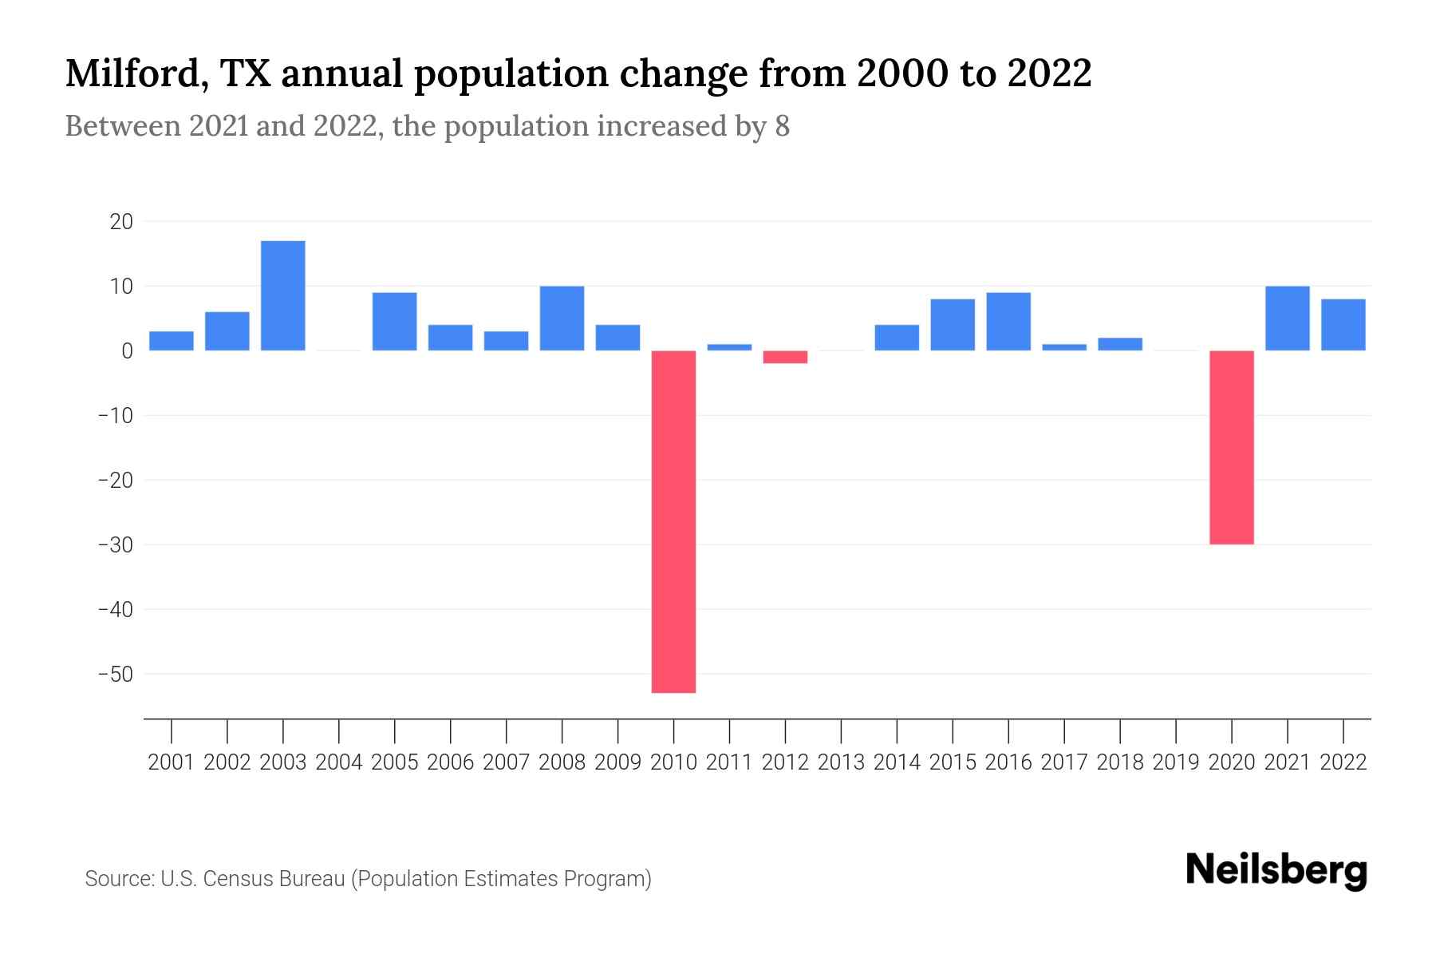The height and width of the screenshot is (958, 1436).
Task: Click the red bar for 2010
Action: click(673, 521)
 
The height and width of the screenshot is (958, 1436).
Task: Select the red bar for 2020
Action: click(1231, 447)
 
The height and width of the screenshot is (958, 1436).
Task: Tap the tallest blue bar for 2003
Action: click(283, 295)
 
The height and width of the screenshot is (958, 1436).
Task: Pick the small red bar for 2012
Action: click(785, 357)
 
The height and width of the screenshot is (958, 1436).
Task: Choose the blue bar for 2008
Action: click(562, 319)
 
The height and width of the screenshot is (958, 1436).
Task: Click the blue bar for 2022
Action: click(1343, 325)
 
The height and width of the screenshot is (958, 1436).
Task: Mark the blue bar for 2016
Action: click(1008, 322)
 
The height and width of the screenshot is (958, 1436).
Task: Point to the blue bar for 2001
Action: click(172, 341)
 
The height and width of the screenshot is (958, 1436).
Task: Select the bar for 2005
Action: click(395, 322)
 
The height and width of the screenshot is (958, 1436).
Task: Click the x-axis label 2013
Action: click(841, 762)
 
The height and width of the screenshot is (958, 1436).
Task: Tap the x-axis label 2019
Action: click(1175, 762)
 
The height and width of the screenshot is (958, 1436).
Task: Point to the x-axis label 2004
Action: click(339, 762)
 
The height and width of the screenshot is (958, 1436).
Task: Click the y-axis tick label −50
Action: click(116, 675)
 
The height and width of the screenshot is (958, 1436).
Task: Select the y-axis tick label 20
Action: click(121, 222)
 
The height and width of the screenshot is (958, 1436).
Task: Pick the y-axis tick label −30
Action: click(116, 545)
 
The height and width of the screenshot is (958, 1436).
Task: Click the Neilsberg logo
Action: click(1276, 870)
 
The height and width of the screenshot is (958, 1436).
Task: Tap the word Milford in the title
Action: click(135, 73)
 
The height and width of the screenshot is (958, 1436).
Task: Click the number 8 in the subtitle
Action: click(782, 127)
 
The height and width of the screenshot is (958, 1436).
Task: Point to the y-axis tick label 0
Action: click(127, 351)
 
